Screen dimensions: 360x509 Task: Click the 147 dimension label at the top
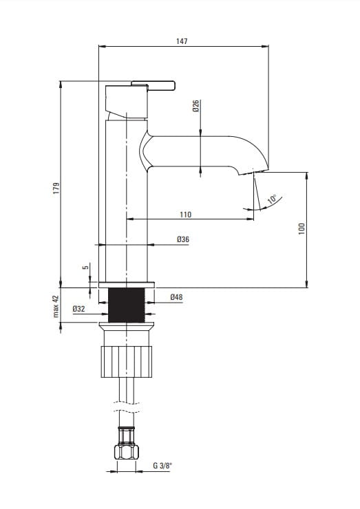pos(182,41)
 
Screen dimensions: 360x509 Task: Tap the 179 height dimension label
pos(56,188)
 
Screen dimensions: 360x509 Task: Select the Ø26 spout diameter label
pos(195,106)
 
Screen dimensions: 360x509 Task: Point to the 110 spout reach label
pos(186,215)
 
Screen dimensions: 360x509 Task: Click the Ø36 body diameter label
pos(183,239)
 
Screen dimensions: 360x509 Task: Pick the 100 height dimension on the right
pos(301,229)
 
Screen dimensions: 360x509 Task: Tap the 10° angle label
pos(272,199)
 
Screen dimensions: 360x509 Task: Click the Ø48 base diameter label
pos(176,296)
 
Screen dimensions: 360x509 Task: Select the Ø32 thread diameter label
pos(78,309)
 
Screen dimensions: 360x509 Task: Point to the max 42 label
pos(56,306)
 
